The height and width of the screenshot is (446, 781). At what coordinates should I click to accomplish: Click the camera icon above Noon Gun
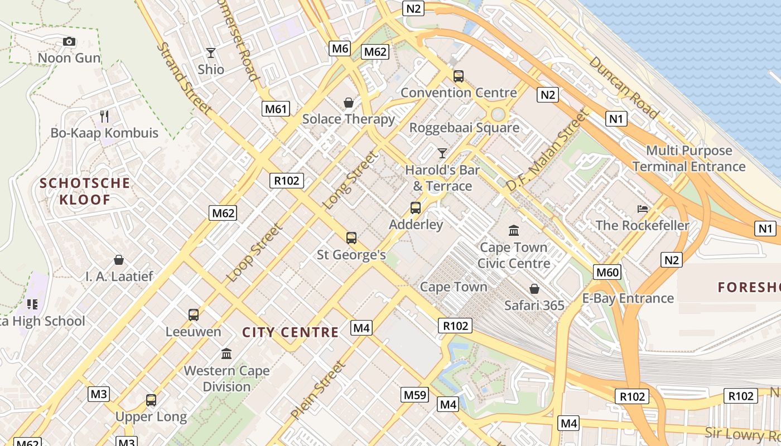(69, 42)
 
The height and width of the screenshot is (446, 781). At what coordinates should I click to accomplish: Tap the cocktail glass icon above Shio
(211, 53)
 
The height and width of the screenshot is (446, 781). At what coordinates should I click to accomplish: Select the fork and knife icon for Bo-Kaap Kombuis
(104, 117)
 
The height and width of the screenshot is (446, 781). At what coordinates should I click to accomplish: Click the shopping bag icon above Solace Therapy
(349, 103)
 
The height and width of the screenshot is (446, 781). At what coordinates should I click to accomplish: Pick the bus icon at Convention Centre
(459, 76)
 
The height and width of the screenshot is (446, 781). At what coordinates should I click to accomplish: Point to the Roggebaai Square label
(464, 128)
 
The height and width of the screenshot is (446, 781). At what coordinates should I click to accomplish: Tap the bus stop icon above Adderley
(416, 208)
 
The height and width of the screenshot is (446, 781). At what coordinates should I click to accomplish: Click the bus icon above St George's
(351, 238)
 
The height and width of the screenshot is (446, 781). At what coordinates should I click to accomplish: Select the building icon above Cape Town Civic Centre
(514, 230)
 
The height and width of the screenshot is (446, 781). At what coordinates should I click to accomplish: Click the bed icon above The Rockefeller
(643, 209)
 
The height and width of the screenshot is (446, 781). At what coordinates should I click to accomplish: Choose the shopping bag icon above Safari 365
(534, 289)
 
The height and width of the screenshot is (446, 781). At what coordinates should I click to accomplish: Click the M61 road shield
(276, 109)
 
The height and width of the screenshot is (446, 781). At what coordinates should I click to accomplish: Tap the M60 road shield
(607, 272)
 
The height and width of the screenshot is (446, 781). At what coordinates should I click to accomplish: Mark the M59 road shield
(415, 395)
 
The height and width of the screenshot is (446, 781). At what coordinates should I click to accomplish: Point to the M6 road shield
(340, 49)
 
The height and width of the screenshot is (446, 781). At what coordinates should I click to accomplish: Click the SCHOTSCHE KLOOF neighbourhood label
(85, 191)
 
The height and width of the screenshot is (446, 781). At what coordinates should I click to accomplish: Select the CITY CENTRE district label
(290, 333)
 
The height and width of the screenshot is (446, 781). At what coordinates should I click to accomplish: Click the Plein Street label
(318, 390)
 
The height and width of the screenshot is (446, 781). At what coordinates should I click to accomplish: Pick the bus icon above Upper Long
(151, 400)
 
